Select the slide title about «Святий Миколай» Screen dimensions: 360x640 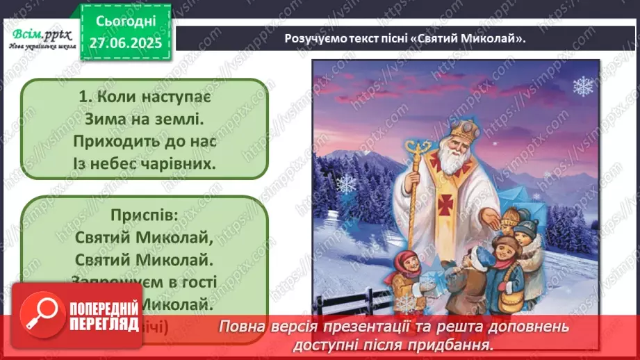(x=405, y=38)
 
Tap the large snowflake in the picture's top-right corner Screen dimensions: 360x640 (x=582, y=86)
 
